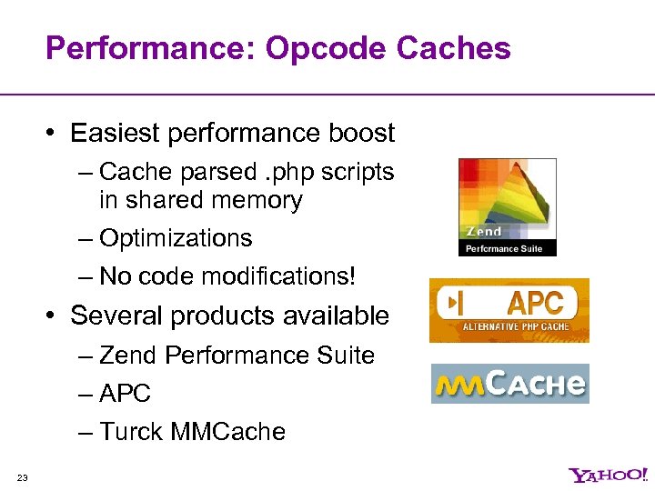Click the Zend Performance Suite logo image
507,207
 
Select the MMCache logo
509,384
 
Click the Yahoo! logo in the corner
608,475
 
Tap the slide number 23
22,478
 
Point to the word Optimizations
176,238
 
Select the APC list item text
125,394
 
